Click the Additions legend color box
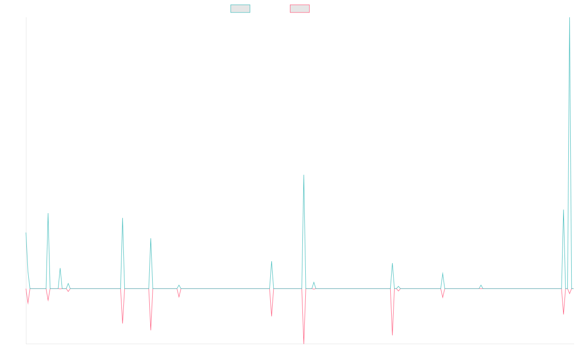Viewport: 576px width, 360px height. [240, 9]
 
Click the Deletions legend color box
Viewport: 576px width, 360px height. [300, 9]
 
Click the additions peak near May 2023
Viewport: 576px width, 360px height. [304, 175]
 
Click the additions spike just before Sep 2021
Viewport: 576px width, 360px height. [122, 218]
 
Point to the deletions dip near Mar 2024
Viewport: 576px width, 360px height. [392, 335]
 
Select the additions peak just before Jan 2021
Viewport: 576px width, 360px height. [48, 214]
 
